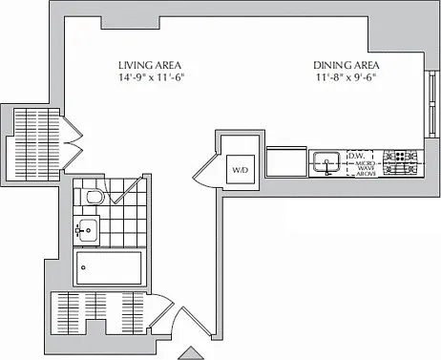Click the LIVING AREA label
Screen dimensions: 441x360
[150, 65]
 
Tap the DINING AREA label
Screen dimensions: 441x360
[346, 65]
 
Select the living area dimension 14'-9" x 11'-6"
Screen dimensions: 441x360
[152, 77]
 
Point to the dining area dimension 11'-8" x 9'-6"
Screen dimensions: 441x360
[346, 77]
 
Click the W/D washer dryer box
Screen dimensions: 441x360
[241, 169]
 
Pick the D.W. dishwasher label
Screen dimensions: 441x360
[356, 156]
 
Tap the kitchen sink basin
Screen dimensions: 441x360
[326, 161]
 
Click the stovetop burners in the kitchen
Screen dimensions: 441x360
[400, 162]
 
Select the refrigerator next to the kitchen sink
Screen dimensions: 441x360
[286, 161]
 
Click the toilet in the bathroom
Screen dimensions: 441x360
[90, 197]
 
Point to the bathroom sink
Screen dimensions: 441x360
[87, 230]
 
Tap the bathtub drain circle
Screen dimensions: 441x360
[83, 267]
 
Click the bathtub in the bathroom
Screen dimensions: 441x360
[109, 267]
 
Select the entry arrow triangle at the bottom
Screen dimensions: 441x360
[191, 353]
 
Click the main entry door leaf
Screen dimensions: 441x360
[197, 321]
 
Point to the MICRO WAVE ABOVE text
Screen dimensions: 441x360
[366, 169]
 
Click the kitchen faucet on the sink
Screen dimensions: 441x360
[326, 167]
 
